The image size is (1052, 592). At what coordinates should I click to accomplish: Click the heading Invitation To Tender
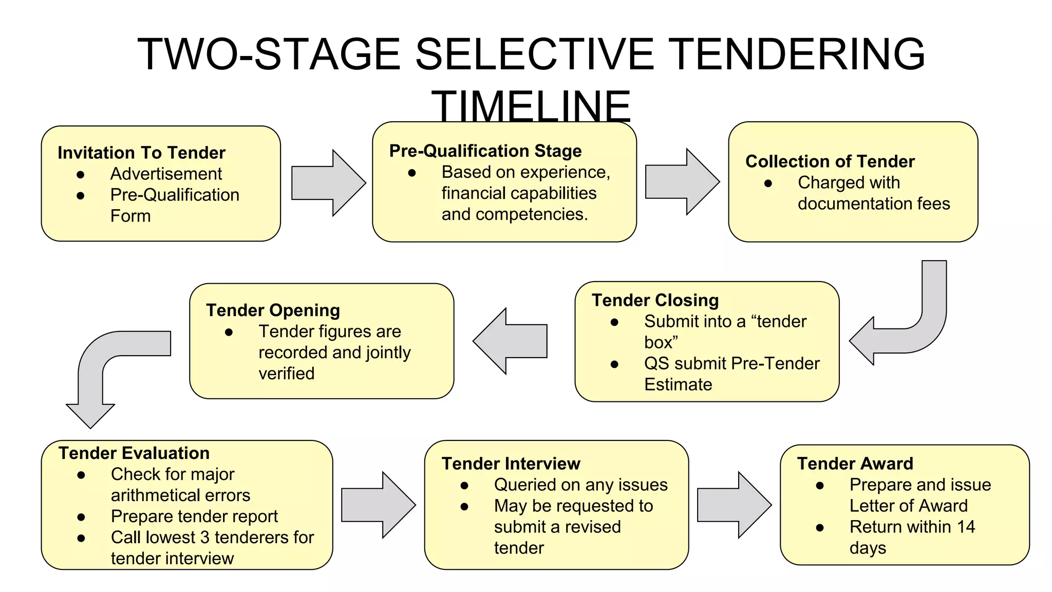141,153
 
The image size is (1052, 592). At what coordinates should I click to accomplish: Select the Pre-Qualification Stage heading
485,151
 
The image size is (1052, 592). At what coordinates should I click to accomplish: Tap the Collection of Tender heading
830,161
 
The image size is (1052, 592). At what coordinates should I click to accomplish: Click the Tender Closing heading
655,300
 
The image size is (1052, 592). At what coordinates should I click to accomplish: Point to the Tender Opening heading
273,310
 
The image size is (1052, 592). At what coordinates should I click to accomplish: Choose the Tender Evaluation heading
134,453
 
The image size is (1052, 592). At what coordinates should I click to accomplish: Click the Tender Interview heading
511,464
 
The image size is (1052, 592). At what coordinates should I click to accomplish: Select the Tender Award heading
855,464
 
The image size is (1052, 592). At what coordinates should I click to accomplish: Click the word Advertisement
166,174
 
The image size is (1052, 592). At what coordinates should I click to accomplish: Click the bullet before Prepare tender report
81,517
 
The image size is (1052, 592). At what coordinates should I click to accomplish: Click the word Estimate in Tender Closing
678,384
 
